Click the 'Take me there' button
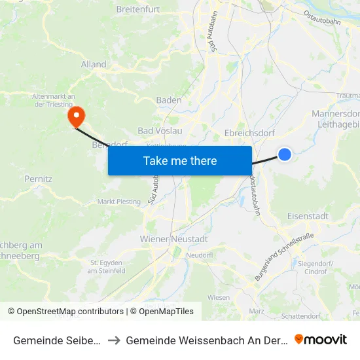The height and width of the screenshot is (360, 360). click(x=180, y=160)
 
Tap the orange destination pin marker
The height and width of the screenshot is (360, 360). click(x=77, y=117)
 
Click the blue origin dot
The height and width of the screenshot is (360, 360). click(x=285, y=154)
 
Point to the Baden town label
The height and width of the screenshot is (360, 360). click(x=169, y=100)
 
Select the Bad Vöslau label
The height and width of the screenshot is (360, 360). click(x=160, y=130)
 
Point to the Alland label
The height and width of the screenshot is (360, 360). click(x=94, y=64)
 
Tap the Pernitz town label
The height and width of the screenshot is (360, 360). click(x=37, y=178)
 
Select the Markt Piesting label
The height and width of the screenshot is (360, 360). click(x=118, y=202)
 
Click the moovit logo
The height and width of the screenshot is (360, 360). click(x=321, y=339)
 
